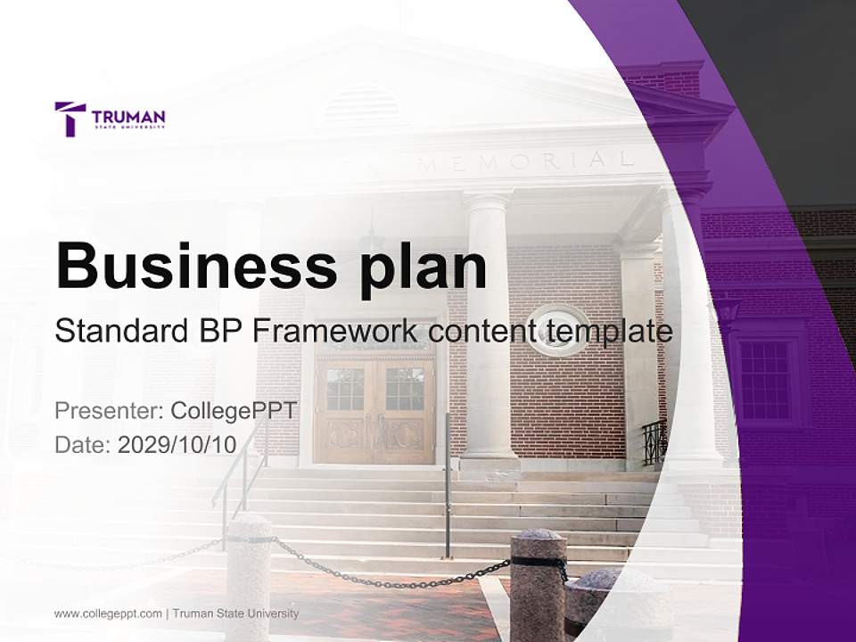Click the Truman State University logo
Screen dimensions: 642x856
[110, 119]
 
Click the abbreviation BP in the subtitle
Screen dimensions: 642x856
[218, 331]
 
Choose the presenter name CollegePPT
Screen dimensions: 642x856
[233, 411]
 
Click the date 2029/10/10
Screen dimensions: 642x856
[177, 445]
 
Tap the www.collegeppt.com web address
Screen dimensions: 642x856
[108, 613]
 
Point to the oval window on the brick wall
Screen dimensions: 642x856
[558, 330]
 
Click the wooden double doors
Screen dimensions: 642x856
[374, 410]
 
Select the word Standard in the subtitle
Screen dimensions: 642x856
[119, 331]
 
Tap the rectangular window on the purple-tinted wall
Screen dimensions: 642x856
[764, 379]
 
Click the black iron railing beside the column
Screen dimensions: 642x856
[654, 442]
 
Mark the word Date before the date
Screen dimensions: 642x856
[81, 445]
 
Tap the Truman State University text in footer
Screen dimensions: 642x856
[235, 613]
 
